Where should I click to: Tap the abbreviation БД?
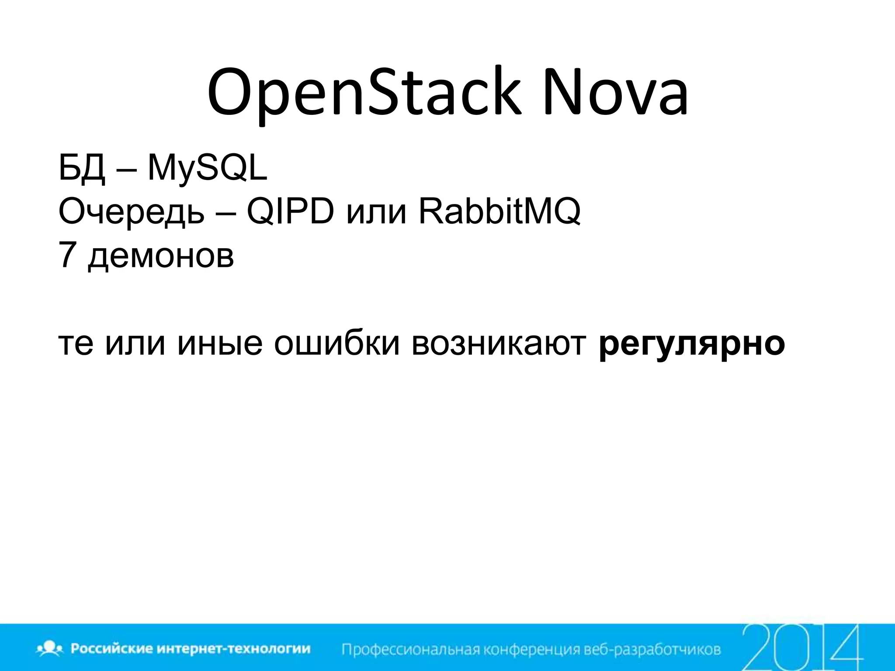pos(82,168)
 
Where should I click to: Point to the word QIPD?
pos(290,212)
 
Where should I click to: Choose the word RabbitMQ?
pos(500,212)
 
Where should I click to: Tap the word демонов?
pos(161,256)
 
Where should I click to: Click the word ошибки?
pos(336,343)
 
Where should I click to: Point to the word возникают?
pos(499,343)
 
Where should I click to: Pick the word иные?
pos(220,343)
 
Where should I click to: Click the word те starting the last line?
pos(76,343)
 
